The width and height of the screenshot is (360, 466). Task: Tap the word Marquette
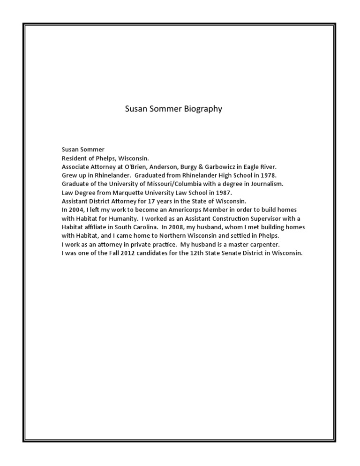click(124, 192)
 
